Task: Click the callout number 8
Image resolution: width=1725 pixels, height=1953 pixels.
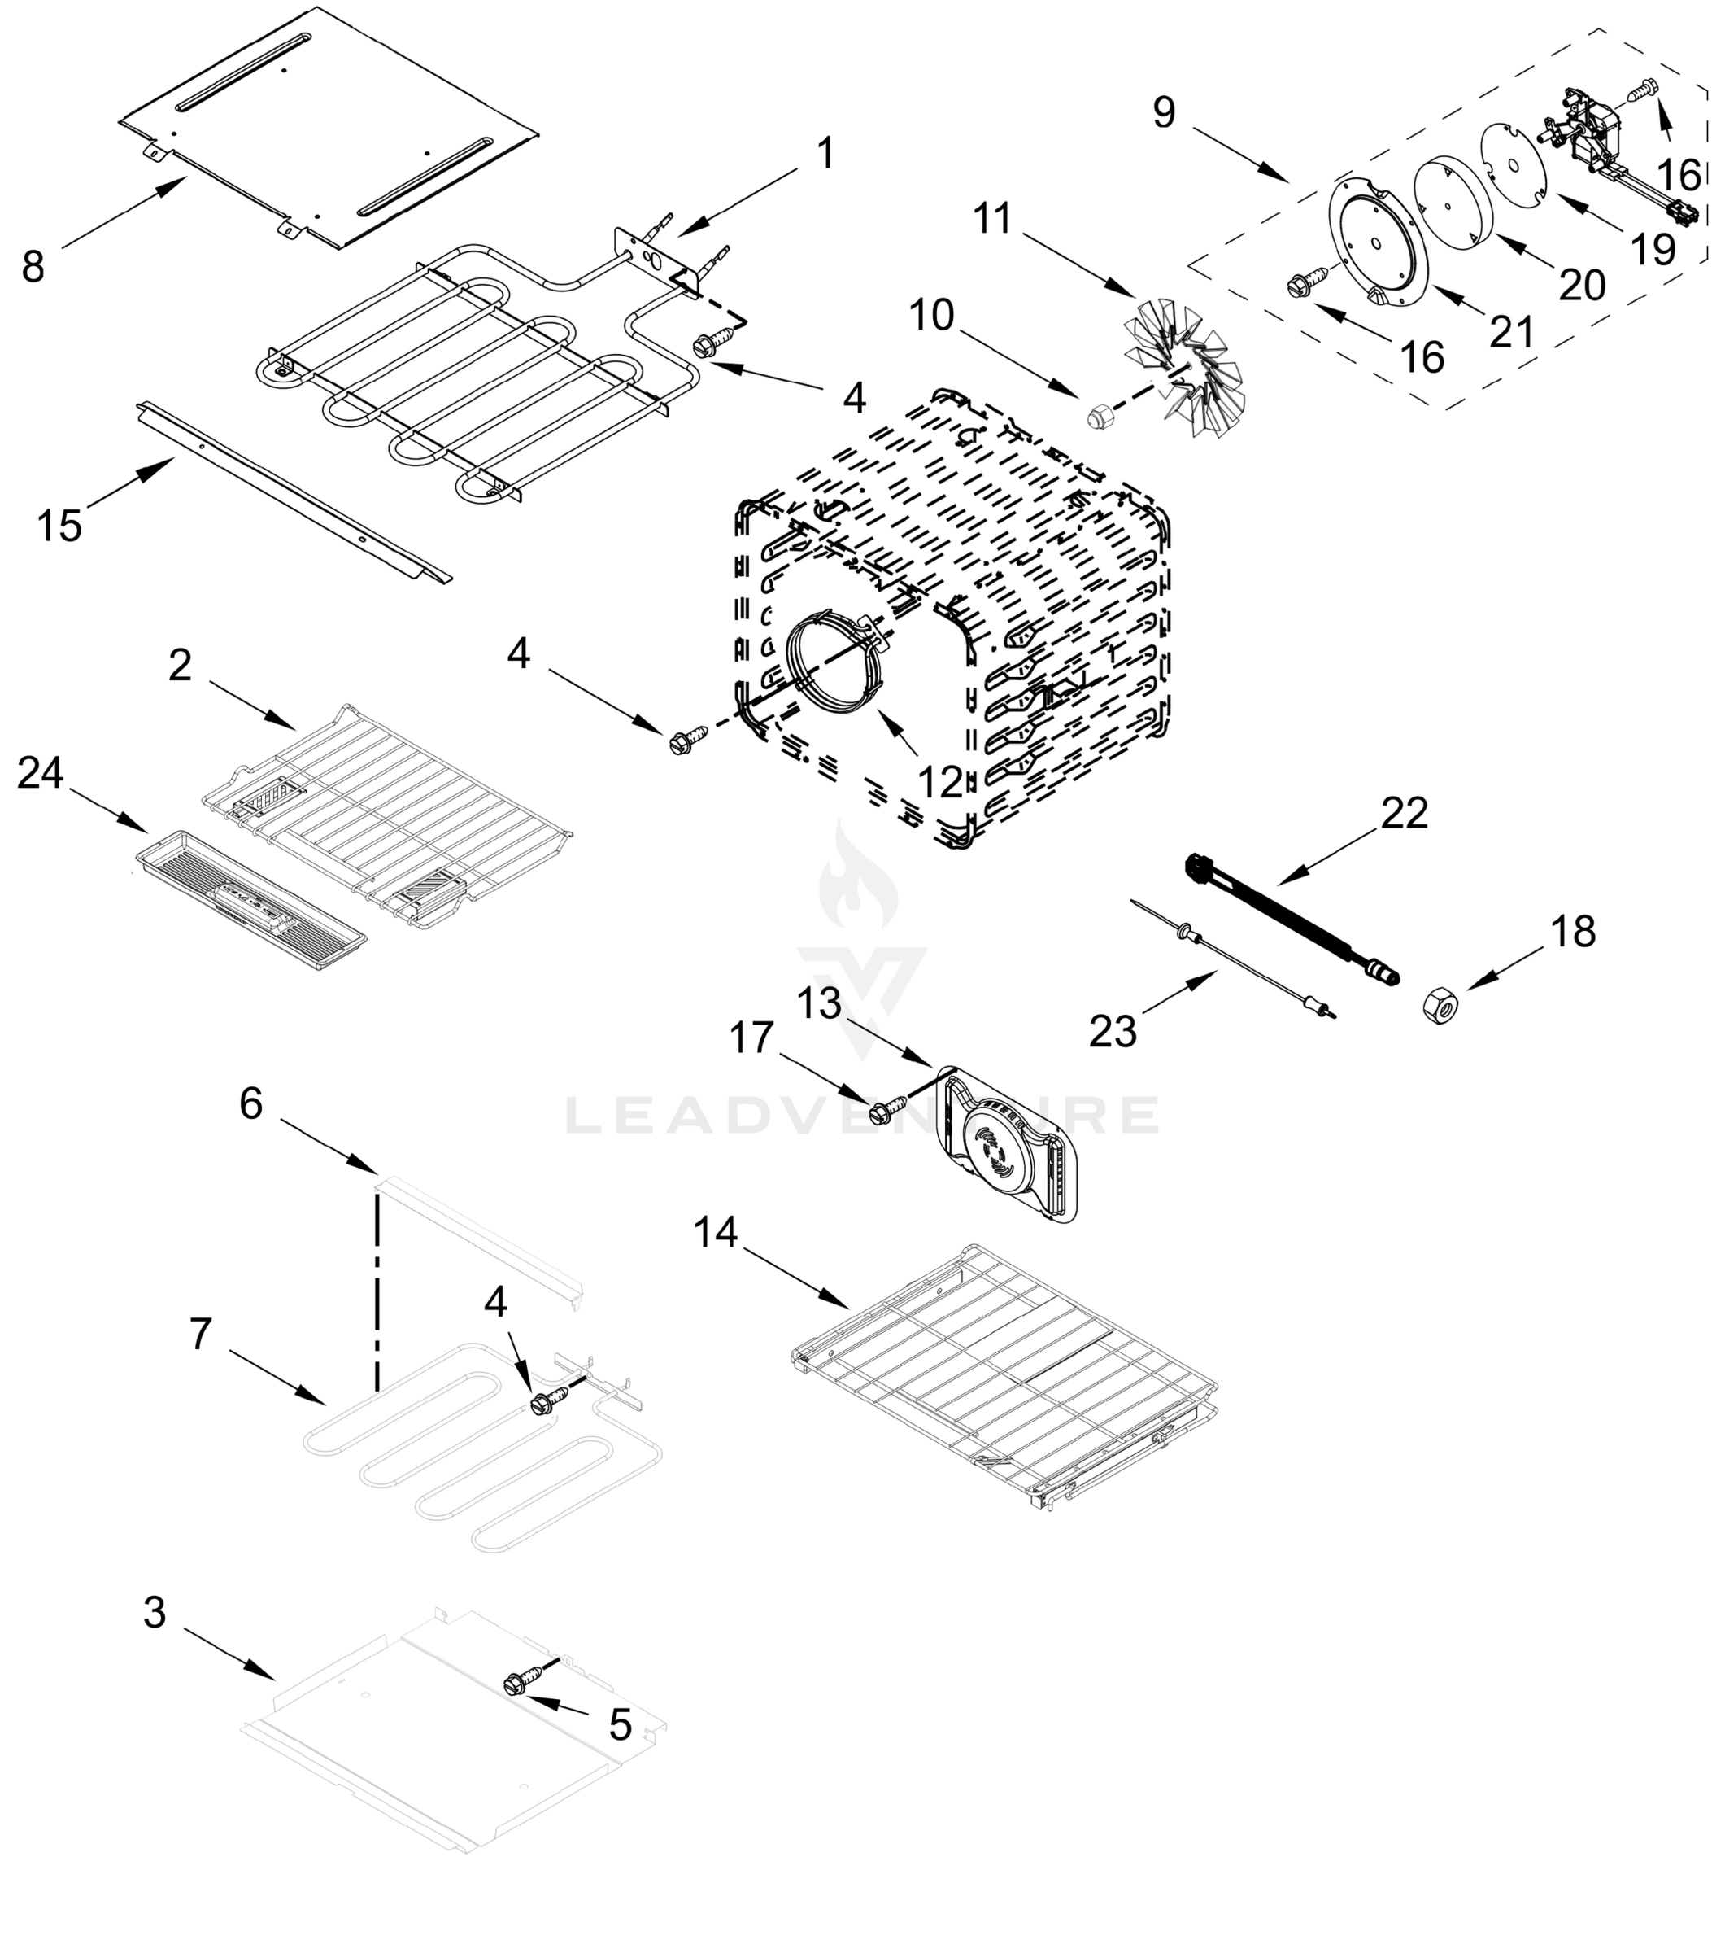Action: click(x=33, y=268)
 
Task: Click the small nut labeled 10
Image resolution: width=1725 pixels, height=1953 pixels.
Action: click(x=1100, y=416)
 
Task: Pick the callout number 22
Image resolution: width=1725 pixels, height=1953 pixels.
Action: click(x=1404, y=813)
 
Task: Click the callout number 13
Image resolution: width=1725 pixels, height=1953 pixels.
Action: click(x=818, y=1003)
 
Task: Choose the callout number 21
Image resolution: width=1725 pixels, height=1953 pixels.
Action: click(x=1511, y=331)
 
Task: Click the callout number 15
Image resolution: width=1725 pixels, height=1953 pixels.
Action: click(x=59, y=526)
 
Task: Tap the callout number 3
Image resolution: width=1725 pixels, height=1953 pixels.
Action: click(x=155, y=1612)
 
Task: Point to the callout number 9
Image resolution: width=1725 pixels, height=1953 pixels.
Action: click(x=1163, y=113)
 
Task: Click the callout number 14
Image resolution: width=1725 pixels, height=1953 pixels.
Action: click(x=716, y=1233)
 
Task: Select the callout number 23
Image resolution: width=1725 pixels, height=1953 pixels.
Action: click(x=1113, y=1032)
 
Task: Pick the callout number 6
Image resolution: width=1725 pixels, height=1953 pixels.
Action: click(x=250, y=1103)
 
